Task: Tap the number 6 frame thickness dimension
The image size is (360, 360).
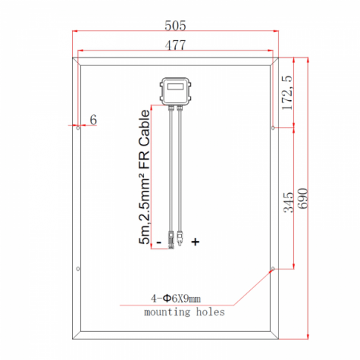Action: coord(93,120)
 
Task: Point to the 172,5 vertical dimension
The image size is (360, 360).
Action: coord(288,90)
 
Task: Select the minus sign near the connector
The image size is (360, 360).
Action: coord(158,241)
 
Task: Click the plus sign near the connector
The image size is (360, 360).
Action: coord(196,241)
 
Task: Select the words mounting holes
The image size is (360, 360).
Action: coord(183,312)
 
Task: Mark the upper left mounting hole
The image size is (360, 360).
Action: coord(78,127)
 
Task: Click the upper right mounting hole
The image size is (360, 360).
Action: coord(273,127)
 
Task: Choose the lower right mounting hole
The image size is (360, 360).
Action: coord(273,269)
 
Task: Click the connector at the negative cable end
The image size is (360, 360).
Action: coord(171,239)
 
